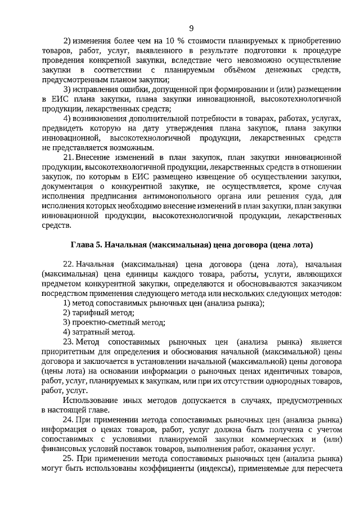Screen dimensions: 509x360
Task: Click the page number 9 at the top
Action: [x=191, y=29]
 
